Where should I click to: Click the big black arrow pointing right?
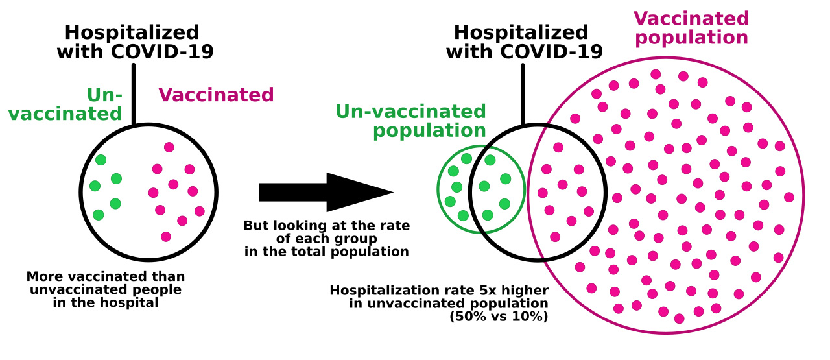click(326, 193)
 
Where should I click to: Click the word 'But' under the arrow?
click(255, 226)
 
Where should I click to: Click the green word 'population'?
click(429, 131)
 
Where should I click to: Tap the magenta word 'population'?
click(692, 38)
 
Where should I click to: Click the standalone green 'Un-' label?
click(104, 95)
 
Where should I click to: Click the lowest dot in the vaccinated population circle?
click(679, 318)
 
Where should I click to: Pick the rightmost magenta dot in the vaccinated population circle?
click(789, 197)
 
